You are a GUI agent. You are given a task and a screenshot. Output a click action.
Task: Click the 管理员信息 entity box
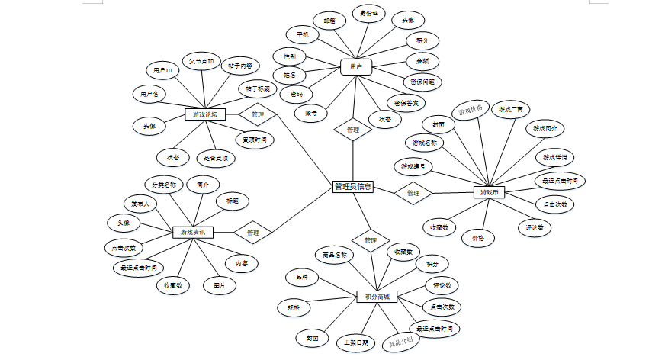pyautogui.click(x=353, y=186)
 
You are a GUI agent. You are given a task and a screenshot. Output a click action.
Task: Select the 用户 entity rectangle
pyautogui.click(x=355, y=67)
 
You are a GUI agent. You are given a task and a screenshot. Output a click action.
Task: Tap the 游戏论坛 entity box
pyautogui.click(x=205, y=114)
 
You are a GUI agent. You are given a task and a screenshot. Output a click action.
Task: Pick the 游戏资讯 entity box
pyautogui.click(x=192, y=232)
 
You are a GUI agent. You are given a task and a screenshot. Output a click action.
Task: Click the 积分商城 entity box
pyautogui.click(x=377, y=296)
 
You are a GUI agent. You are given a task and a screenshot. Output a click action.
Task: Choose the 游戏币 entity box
pyautogui.click(x=490, y=192)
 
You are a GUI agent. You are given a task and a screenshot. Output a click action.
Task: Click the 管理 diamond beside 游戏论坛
pyautogui.click(x=257, y=115)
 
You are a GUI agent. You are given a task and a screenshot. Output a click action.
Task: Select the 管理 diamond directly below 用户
pyautogui.click(x=352, y=130)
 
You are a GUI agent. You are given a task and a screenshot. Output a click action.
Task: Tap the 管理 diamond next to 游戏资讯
pyautogui.click(x=253, y=232)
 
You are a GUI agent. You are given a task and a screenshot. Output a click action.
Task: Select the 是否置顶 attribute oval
pyautogui.click(x=216, y=158)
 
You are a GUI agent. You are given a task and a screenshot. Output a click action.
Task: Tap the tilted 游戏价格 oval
pyautogui.click(x=470, y=111)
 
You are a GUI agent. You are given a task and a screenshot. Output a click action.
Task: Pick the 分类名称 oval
pyautogui.click(x=163, y=184)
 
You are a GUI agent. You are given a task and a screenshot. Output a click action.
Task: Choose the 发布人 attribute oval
pyautogui.click(x=140, y=204)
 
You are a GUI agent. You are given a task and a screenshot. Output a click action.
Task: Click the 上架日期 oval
pyautogui.click(x=355, y=342)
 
